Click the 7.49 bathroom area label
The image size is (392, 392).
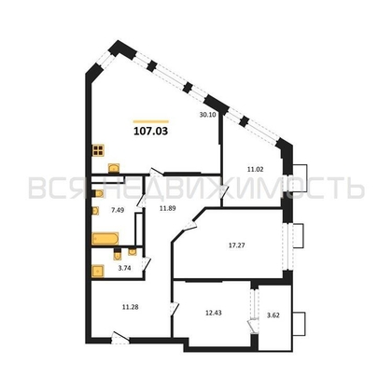pos(117,211)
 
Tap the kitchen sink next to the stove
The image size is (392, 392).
pos(113,168)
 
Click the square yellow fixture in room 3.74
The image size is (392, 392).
pos(97,272)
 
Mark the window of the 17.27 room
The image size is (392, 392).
pos(301,237)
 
